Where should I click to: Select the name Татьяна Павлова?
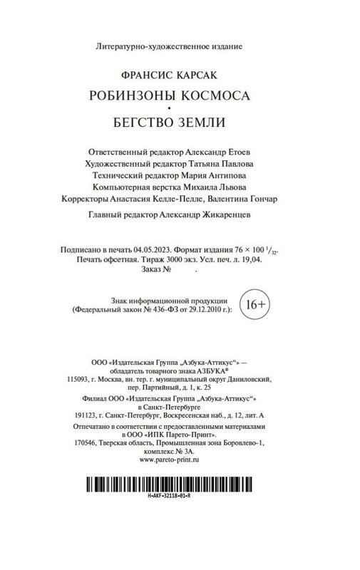point(220,165)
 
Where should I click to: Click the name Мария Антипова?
point(215,177)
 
